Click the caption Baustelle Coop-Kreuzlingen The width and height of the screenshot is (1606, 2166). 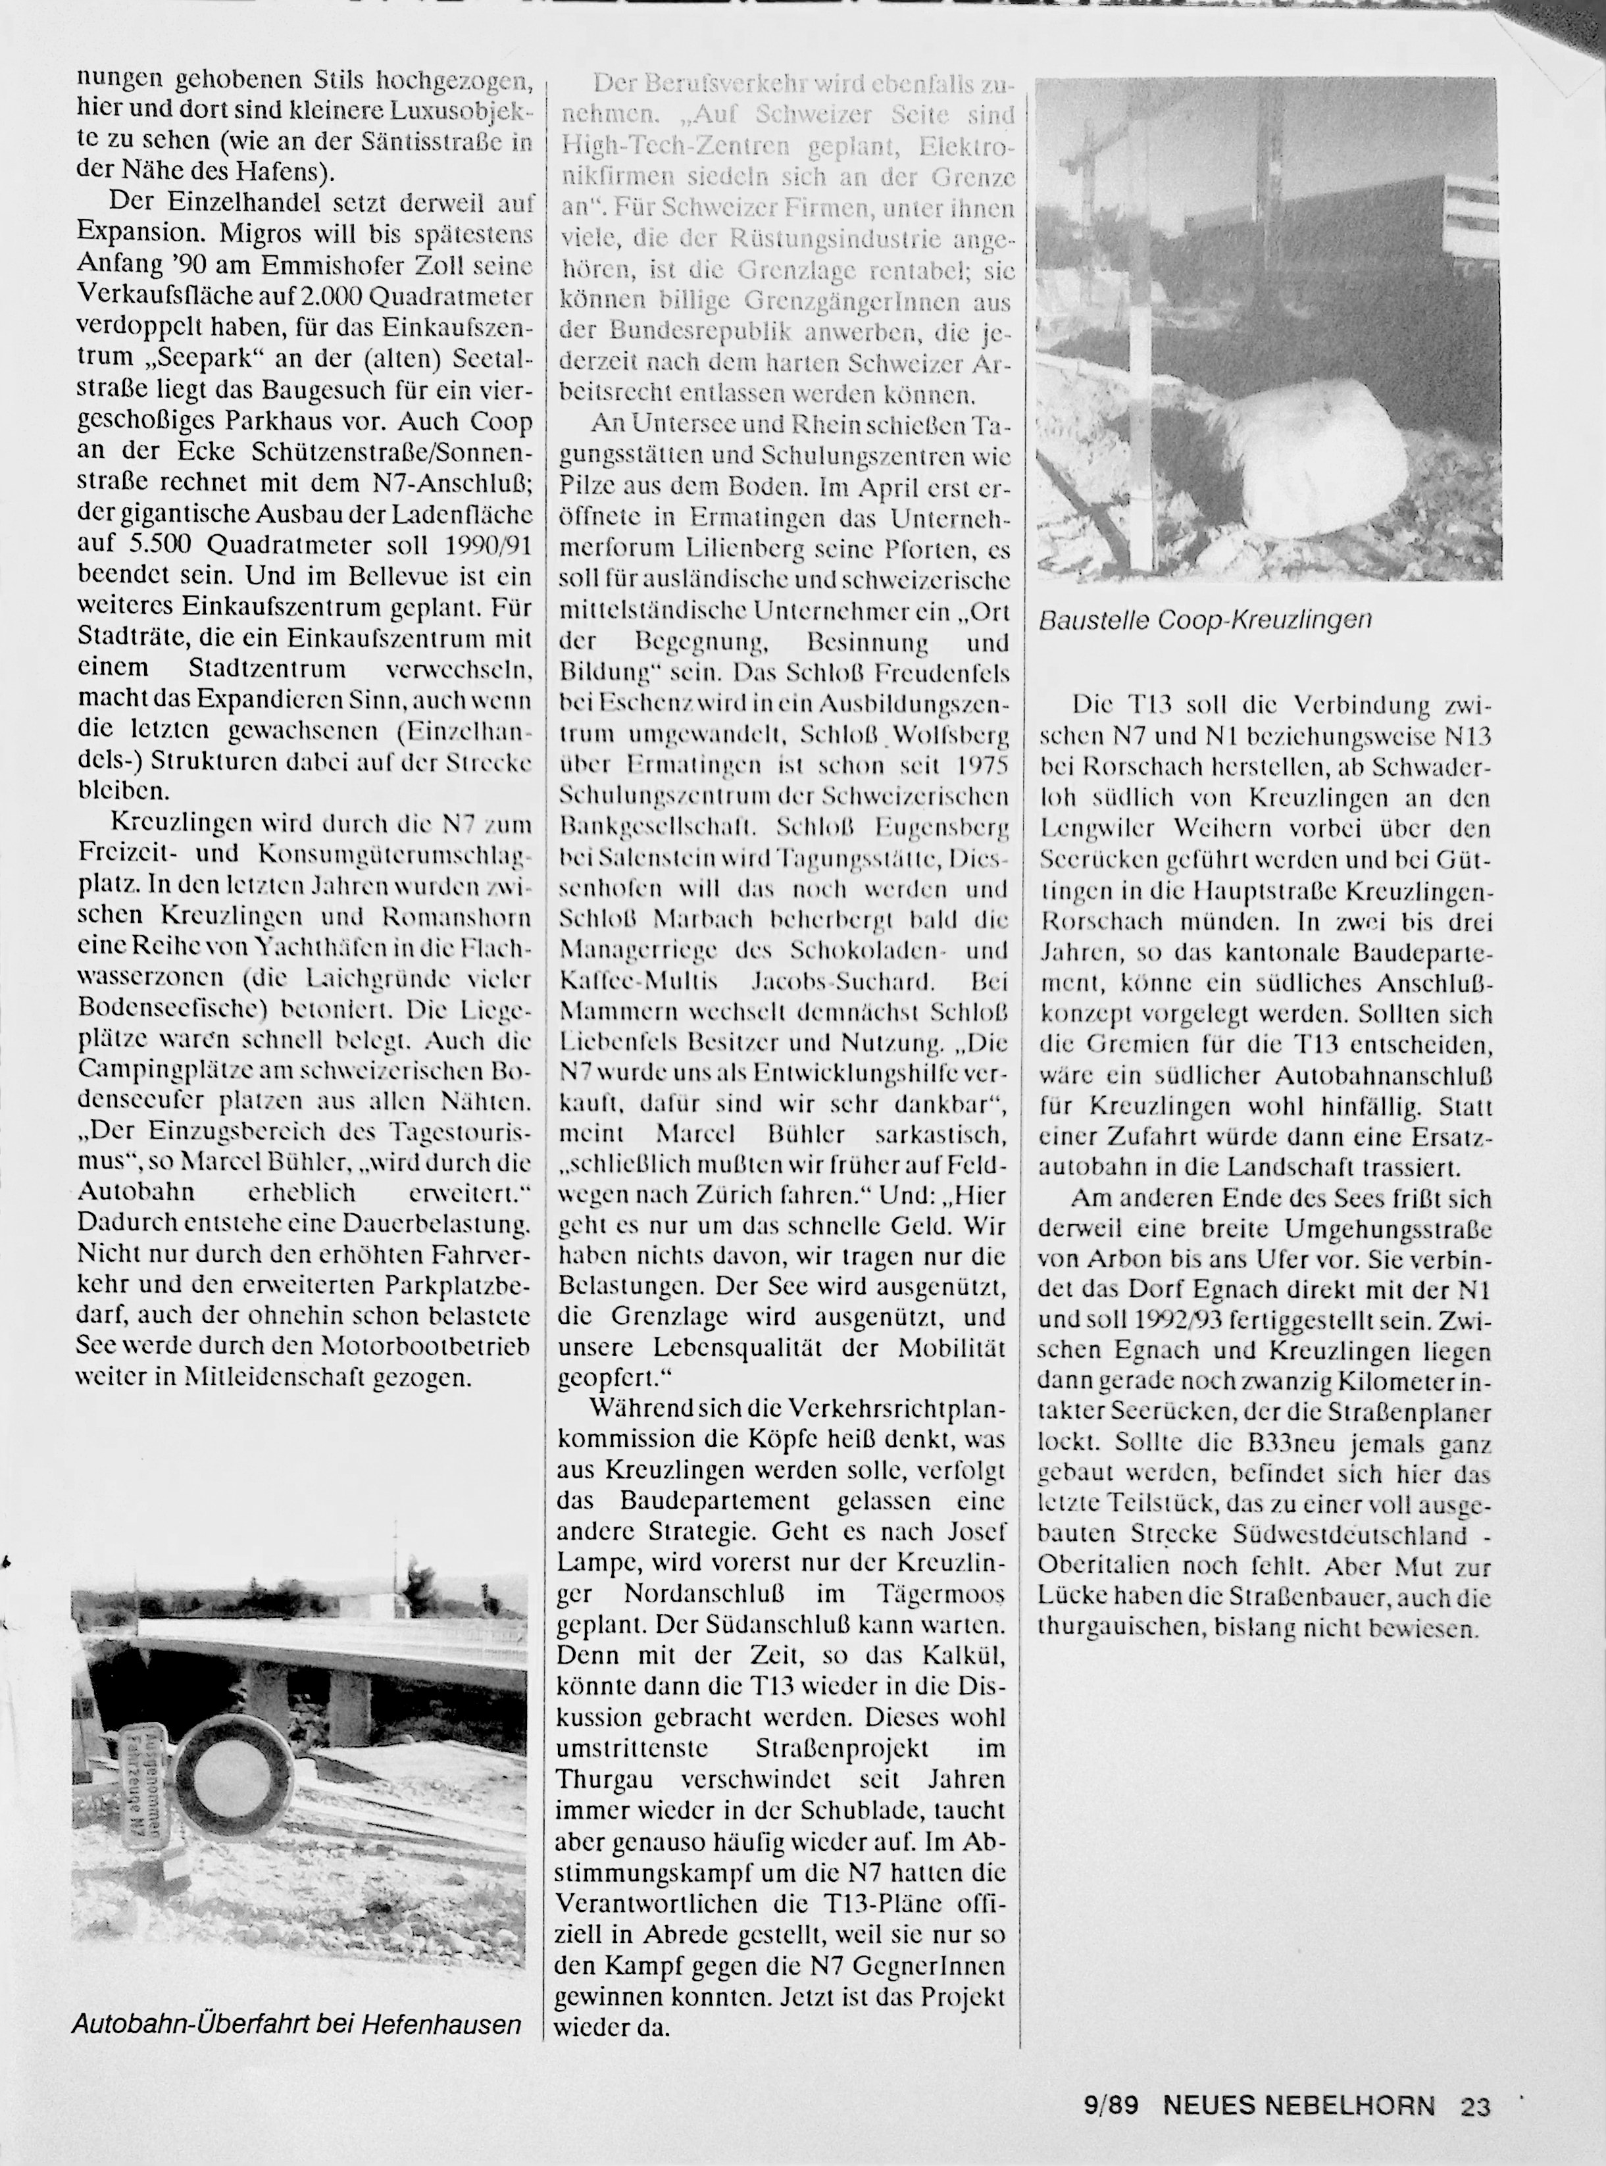click(1205, 619)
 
